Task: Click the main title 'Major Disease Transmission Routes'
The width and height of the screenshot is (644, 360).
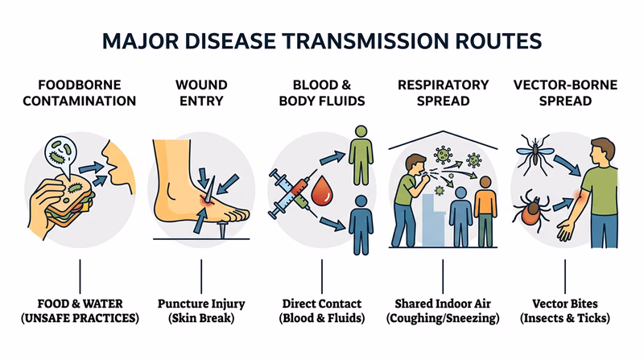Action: pyautogui.click(x=322, y=40)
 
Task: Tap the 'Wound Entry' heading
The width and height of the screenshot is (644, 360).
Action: pyautogui.click(x=200, y=93)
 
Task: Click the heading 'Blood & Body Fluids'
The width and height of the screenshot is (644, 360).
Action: pyautogui.click(x=321, y=93)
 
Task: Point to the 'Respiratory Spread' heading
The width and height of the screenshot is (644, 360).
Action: pyautogui.click(x=443, y=93)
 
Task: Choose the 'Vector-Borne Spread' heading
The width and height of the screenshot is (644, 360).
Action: pyautogui.click(x=564, y=93)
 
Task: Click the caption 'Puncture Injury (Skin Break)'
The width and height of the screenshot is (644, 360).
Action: pyautogui.click(x=200, y=311)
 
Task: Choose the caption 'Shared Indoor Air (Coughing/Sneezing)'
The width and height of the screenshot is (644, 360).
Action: pyautogui.click(x=443, y=311)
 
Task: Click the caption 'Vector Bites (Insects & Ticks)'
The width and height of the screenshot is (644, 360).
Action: pyautogui.click(x=564, y=311)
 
